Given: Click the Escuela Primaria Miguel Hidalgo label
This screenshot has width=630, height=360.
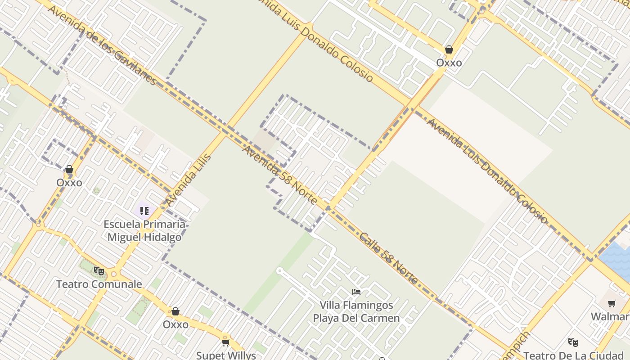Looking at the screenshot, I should coord(144,230).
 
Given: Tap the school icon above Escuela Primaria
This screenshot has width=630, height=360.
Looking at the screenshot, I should coord(144,211).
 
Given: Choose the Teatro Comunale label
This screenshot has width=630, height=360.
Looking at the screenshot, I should coord(99,284).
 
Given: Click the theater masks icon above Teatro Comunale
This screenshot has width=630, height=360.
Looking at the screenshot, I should coord(99,271).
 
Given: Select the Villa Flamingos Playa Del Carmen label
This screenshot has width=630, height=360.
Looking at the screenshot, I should coord(356,311).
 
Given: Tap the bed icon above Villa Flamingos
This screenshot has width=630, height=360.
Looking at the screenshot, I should coord(356,292).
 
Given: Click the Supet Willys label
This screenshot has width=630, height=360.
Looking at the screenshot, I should coord(226,355).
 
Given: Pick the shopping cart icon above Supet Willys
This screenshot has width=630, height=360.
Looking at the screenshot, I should coord(226,342).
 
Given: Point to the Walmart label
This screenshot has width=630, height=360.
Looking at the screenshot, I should coord(610,316).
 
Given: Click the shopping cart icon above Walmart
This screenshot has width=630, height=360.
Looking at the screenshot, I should coord(612,304).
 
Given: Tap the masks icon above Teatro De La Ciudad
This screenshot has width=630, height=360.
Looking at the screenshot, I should coord(573,342).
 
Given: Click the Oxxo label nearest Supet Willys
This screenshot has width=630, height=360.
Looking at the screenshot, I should coord(175,324).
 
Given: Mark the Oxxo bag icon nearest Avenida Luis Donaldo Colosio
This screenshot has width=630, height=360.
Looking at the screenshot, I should coord(449,49).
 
